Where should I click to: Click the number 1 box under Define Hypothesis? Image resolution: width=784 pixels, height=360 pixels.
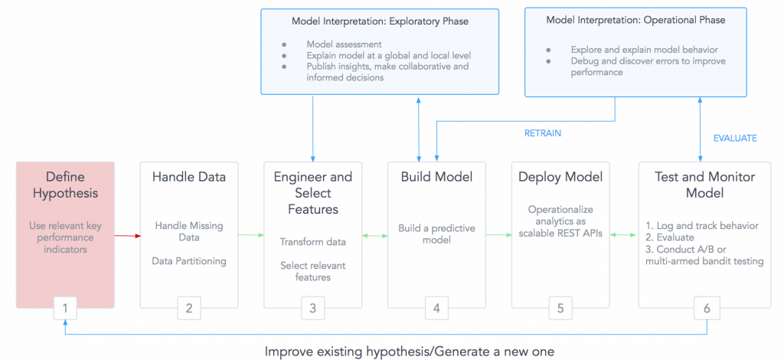(x=65, y=309)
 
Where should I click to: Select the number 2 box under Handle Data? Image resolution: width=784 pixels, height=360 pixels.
(x=189, y=309)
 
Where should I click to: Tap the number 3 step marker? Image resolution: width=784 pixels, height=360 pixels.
(x=312, y=309)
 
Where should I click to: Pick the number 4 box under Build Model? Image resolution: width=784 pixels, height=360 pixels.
(x=436, y=309)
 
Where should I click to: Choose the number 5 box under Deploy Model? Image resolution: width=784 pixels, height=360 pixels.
(x=560, y=309)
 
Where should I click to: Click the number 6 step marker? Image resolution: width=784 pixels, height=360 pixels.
(x=707, y=309)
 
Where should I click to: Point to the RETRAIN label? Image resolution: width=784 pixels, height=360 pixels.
(x=543, y=133)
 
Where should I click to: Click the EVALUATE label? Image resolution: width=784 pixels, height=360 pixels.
(x=735, y=139)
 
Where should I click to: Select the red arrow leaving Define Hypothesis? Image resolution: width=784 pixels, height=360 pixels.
(x=127, y=236)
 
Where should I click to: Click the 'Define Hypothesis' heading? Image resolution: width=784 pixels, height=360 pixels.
(x=65, y=185)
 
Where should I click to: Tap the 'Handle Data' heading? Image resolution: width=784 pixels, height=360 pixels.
(x=189, y=177)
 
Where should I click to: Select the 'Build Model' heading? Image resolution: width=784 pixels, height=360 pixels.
(x=436, y=177)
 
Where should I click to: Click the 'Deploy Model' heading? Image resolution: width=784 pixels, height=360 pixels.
(x=560, y=177)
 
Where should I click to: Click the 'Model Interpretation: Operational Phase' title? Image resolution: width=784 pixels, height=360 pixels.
(x=635, y=20)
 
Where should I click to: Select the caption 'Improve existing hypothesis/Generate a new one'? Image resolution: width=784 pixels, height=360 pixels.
(x=410, y=352)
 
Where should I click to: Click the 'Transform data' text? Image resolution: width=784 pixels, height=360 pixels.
(x=312, y=242)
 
